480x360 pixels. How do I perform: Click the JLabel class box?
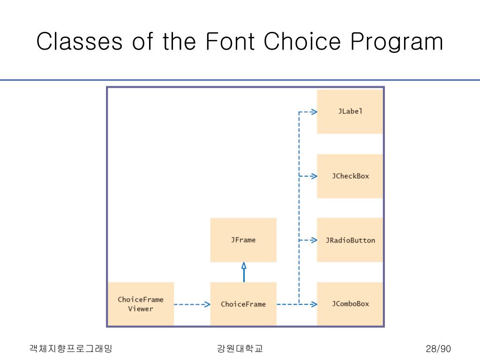pos(350,112)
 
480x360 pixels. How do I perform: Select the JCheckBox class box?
pos(350,176)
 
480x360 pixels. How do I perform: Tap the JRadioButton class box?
pos(350,240)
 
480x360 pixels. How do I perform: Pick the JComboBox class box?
pos(350,304)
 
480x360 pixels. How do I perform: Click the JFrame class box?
pos(243,240)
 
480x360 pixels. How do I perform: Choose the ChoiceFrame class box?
pos(243,304)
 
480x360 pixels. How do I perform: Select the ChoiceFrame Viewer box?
pos(141,304)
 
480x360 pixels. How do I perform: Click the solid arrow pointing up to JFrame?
pos(244,272)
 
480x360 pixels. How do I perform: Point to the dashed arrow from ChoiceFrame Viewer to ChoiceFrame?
pos(192,304)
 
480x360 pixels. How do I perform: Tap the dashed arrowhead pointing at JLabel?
pos(314,112)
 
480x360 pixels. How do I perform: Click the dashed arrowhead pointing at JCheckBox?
pos(314,176)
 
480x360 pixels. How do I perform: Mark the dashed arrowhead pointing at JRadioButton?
pos(314,240)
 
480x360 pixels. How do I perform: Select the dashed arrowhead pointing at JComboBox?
pos(314,304)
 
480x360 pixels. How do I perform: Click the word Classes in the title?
pos(79,42)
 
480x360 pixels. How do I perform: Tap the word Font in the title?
pos(230,42)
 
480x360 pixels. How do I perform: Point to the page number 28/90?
pos(438,349)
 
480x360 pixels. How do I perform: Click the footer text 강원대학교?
pos(240,349)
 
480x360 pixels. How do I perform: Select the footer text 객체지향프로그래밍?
pos(71,349)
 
